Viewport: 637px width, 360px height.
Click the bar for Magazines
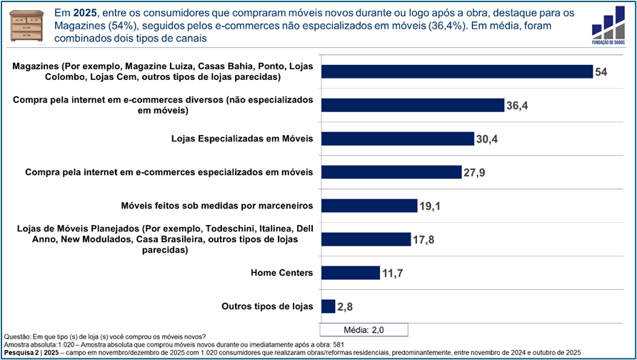(x=457, y=71)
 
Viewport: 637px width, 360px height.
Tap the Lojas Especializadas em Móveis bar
(x=398, y=139)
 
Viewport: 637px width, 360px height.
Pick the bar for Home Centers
(x=351, y=272)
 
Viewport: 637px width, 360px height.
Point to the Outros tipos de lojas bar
(x=328, y=306)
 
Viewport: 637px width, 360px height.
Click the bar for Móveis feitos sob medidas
(x=369, y=206)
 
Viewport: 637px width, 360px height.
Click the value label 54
(x=601, y=72)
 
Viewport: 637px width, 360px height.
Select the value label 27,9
(x=476, y=172)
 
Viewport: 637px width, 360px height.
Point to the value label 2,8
(x=346, y=308)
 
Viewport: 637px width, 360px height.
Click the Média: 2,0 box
(x=364, y=330)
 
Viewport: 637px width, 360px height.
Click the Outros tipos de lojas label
(x=268, y=306)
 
